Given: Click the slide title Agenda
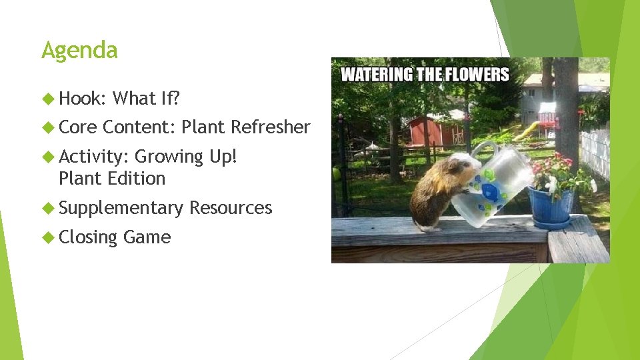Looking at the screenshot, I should pos(79,51).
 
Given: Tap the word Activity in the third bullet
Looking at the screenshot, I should pos(93,156).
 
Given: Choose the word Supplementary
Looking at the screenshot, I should pos(121,208).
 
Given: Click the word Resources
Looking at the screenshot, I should pos(231,208).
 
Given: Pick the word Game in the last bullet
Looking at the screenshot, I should pos(147,237).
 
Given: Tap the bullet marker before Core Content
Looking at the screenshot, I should pos(48,127).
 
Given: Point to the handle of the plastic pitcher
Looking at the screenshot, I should pos(486,151).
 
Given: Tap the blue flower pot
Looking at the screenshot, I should pos(550,206).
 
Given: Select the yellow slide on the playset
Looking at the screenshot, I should pos(527,131).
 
